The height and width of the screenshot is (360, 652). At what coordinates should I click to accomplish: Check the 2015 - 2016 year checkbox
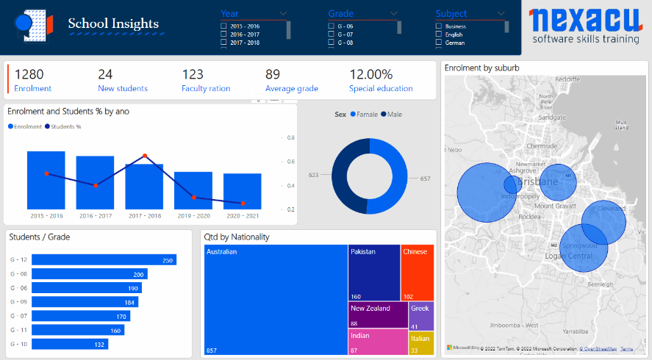pyautogui.click(x=223, y=26)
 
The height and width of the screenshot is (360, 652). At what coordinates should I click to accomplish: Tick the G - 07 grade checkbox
pyautogui.click(x=331, y=35)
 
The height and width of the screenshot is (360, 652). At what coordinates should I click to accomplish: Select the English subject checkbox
pyautogui.click(x=439, y=35)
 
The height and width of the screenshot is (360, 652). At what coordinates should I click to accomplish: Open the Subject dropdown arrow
pyautogui.click(x=501, y=13)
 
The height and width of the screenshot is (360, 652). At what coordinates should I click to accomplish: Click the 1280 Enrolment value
pyautogui.click(x=29, y=74)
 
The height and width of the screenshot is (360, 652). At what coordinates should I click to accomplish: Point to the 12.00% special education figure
pyautogui.click(x=370, y=74)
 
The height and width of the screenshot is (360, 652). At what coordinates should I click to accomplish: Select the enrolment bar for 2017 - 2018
pyautogui.click(x=144, y=186)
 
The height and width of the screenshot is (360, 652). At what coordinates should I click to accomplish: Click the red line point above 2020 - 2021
pyautogui.click(x=243, y=204)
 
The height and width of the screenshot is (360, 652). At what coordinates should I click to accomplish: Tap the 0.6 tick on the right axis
pyautogui.click(x=291, y=162)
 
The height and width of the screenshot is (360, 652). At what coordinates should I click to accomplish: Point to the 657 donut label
pyautogui.click(x=425, y=179)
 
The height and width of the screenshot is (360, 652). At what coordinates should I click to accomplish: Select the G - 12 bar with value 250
pyautogui.click(x=104, y=260)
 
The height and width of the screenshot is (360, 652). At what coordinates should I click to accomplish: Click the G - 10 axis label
pyautogui.click(x=18, y=344)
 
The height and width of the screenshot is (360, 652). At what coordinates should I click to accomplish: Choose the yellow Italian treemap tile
pyautogui.click(x=421, y=342)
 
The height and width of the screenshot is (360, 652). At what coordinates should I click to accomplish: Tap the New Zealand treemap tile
pyautogui.click(x=378, y=314)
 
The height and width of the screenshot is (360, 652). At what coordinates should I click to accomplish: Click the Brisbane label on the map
pyautogui.click(x=538, y=181)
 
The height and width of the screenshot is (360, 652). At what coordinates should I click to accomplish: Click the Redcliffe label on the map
pyautogui.click(x=567, y=79)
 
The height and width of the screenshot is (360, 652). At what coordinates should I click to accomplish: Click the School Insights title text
pyautogui.click(x=113, y=24)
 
